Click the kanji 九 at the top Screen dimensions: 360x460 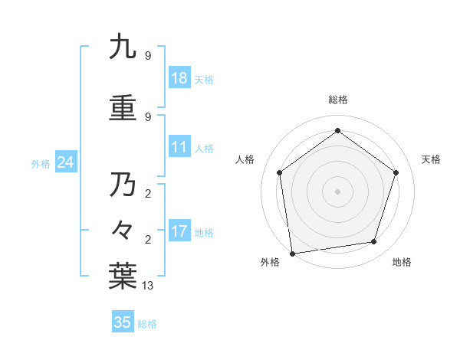[123, 47]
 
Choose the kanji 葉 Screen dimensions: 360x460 [123, 277]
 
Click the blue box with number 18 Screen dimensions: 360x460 [179, 78]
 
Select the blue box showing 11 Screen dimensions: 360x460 [179, 147]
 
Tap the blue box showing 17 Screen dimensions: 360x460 [179, 231]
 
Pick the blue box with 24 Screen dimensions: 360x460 [66, 162]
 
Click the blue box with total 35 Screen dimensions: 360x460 [123, 322]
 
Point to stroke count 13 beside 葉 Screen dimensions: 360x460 [148, 286]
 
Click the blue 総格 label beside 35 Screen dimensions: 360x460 [147, 324]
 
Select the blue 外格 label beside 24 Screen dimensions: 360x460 [41, 164]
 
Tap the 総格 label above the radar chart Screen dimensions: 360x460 [337, 100]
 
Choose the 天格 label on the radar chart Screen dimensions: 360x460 [431, 159]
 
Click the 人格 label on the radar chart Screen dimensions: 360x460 [245, 159]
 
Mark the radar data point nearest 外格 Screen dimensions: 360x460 [292, 253]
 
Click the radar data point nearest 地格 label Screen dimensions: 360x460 [374, 242]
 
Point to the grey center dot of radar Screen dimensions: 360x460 [337, 191]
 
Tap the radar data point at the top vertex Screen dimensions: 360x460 [337, 131]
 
